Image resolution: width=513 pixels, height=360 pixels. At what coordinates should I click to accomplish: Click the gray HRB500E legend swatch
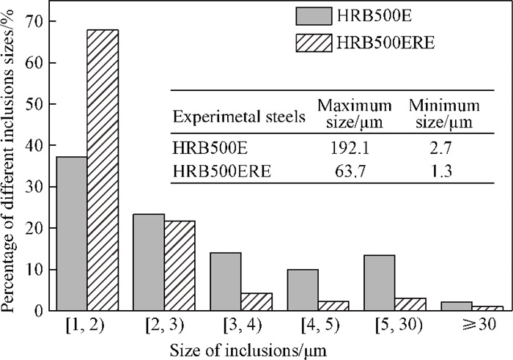coord(314,16)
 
